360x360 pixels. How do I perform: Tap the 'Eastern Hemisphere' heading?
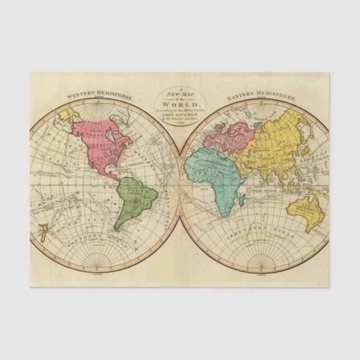click(x=261, y=97)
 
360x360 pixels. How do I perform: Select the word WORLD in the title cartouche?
click(x=180, y=105)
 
